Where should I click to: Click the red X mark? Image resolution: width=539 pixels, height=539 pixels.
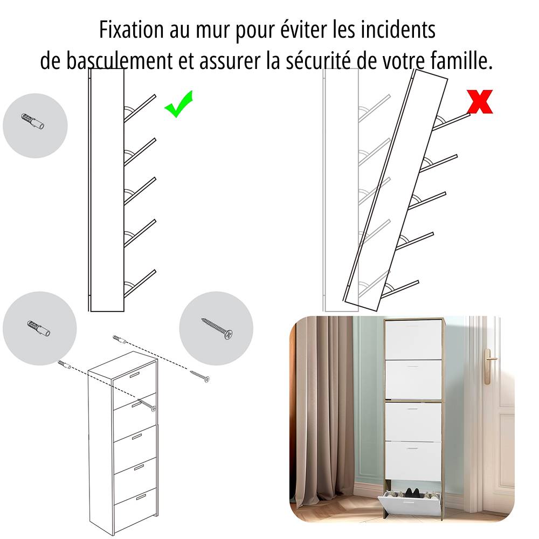[x=480, y=101]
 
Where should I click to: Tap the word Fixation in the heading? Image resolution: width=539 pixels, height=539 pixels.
[x=132, y=30]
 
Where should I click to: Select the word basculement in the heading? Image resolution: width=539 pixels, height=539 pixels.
[x=119, y=61]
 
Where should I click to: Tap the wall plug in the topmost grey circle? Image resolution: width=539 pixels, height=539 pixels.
[x=33, y=121]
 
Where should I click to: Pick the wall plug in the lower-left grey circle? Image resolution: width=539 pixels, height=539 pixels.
[x=38, y=328]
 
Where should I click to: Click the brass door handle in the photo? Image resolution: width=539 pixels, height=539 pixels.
[x=488, y=367]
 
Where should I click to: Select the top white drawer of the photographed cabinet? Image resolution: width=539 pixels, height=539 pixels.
[x=413, y=340]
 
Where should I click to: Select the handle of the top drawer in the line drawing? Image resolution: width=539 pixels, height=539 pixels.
[x=134, y=375]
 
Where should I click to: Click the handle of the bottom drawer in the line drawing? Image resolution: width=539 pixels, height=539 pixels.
[x=141, y=497]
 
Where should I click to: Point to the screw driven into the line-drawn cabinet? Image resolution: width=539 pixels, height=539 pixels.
[x=147, y=405]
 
